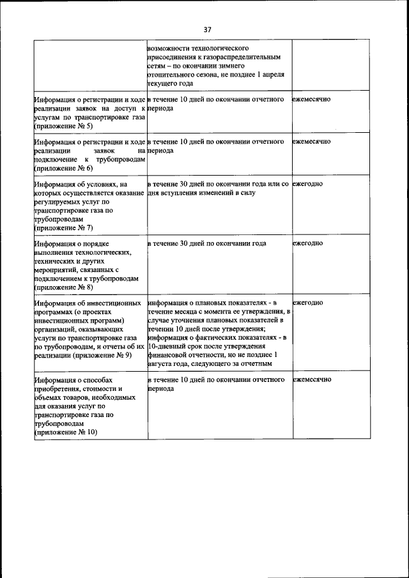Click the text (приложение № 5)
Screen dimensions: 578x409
click(x=63, y=127)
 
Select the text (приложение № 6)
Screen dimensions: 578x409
click(x=63, y=168)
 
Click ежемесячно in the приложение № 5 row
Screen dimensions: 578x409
click(x=312, y=100)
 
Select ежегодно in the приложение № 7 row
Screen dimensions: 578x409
click(x=307, y=184)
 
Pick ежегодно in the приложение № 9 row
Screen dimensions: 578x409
click(x=307, y=302)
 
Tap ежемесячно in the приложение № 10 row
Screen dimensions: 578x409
click(x=312, y=379)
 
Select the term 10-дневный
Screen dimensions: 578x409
click(x=167, y=346)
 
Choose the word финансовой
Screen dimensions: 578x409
click(x=167, y=354)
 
